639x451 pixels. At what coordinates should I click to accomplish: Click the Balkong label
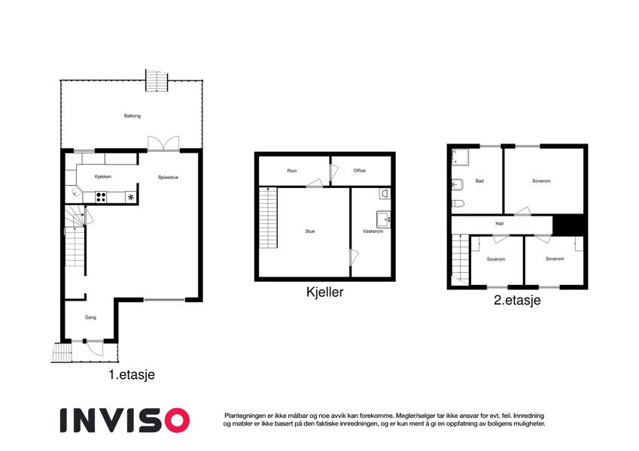[132, 116]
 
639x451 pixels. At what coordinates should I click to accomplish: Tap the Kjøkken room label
[102, 177]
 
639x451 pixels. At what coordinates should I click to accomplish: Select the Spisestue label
[168, 177]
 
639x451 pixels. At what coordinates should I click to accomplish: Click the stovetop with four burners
[101, 197]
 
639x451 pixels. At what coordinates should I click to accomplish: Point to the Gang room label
[90, 317]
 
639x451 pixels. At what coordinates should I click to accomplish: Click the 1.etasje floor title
[132, 374]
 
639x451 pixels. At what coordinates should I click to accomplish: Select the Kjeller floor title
[325, 292]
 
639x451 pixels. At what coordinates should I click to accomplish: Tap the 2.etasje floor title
[517, 301]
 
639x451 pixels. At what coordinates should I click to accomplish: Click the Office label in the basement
[360, 171]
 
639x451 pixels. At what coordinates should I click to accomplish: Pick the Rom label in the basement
[292, 171]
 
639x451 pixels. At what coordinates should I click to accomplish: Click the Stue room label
[310, 232]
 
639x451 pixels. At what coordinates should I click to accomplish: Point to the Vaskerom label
[373, 232]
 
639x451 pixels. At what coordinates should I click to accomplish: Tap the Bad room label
[479, 181]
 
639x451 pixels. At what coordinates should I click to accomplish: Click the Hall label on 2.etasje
[499, 223]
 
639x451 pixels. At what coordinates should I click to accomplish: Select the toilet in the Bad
[458, 204]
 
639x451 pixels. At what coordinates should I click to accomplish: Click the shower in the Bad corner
[460, 158]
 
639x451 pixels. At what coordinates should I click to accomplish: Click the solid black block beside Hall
[569, 225]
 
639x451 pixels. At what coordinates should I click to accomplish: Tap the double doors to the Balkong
[163, 144]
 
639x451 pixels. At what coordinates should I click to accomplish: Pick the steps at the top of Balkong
[157, 80]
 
